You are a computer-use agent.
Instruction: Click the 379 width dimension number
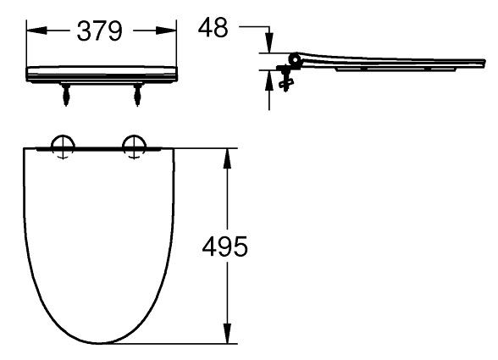coord(99,30)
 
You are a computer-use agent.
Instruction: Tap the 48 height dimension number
coord(213,27)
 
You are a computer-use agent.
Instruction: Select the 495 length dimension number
coord(224,246)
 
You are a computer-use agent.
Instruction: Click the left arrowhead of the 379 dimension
coord(37,30)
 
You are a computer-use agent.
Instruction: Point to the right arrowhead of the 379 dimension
coord(165,30)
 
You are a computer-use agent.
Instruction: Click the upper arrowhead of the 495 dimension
coord(227,158)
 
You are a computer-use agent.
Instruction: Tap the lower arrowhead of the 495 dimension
coord(227,333)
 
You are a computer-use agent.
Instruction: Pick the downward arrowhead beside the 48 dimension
coord(269,43)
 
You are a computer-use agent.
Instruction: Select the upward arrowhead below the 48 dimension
coord(269,80)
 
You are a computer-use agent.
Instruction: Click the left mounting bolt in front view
coord(66,95)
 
